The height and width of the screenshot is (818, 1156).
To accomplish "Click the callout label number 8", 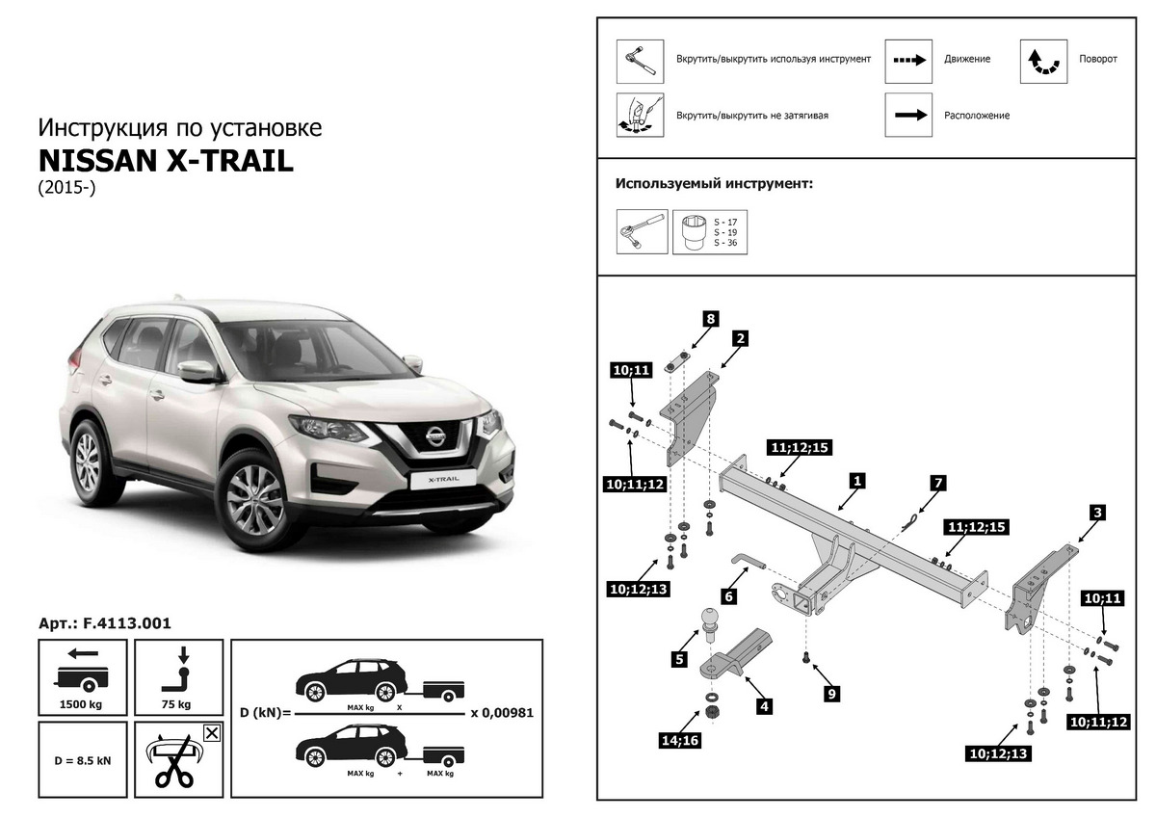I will pos(710,319).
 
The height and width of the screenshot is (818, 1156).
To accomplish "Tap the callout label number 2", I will pos(741,338).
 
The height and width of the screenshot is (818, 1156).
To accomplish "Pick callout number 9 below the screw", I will pos(832,692).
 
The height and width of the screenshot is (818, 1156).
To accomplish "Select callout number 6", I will pos(728,596).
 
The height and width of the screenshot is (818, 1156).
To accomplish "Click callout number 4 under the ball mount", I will pos(764,706).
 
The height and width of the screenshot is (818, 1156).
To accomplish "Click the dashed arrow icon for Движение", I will pos(908,60).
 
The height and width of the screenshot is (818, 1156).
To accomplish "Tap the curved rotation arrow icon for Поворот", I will pos(1043,60).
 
